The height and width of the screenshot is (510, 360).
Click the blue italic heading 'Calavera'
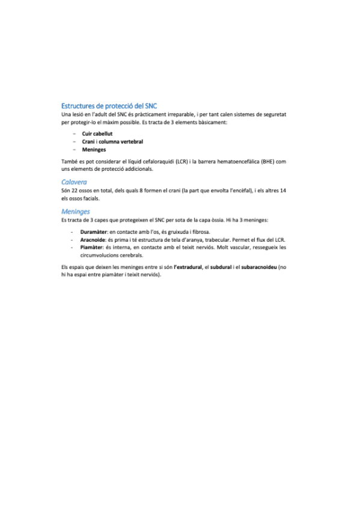click(75, 181)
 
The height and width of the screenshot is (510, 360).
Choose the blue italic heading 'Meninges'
click(76, 212)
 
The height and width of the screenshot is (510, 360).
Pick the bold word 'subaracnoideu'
click(260, 266)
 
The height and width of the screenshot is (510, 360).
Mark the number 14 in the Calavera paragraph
click(283, 190)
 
